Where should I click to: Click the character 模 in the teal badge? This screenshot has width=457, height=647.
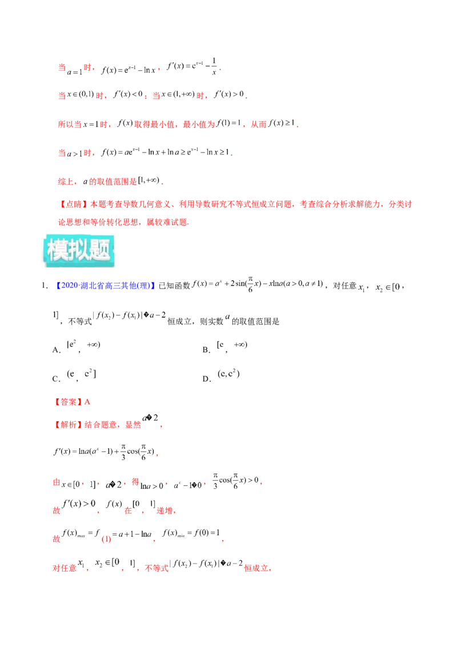coord(57,250)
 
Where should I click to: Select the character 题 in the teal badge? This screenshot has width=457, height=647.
coord(101,250)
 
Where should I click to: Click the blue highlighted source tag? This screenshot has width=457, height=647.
coord(105,286)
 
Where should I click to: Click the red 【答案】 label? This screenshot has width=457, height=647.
coord(68,402)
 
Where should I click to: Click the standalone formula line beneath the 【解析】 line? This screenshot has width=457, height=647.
coord(103,453)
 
